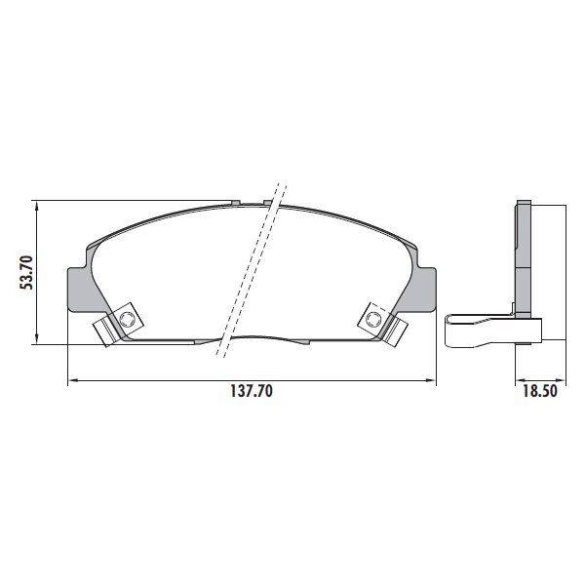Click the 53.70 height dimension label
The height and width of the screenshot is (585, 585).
coord(27,273)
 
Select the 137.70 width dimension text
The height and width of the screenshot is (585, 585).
coord(252,391)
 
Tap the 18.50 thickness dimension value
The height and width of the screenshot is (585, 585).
coord(540,391)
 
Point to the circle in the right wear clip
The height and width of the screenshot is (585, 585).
coord(372,319)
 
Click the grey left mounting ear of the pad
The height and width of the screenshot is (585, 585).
coord(81,290)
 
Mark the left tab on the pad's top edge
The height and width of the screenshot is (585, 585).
coord(235,202)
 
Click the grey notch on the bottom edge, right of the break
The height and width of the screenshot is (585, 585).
coord(303,342)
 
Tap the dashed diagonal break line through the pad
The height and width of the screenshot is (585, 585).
coord(252,270)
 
